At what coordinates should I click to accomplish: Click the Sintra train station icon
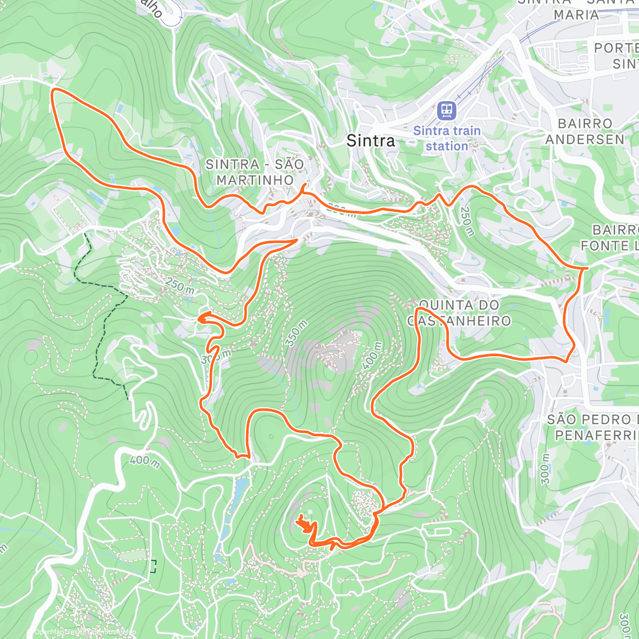click(x=446, y=111)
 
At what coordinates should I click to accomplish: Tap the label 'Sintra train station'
click(x=447, y=138)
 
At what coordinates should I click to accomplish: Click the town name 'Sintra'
click(x=371, y=141)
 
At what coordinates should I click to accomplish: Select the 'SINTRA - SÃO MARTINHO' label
click(x=255, y=172)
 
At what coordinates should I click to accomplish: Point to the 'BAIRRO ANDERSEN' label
click(x=585, y=132)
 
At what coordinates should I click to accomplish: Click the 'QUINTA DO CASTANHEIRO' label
click(x=459, y=313)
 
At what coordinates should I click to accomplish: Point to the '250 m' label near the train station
click(x=467, y=222)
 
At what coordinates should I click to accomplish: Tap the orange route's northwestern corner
click(x=53, y=92)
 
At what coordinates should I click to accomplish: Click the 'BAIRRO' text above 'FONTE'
click(x=615, y=230)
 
